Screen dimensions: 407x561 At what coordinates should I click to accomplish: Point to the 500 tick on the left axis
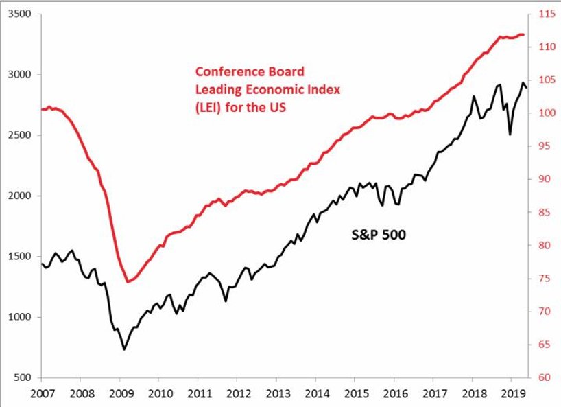pyautogui.click(x=23, y=377)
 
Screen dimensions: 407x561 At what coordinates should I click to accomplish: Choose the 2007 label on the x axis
pyautogui.click(x=42, y=395)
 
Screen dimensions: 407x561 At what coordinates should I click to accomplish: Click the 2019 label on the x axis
pyautogui.click(x=511, y=395)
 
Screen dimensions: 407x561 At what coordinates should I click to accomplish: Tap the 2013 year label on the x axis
pyautogui.click(x=276, y=395)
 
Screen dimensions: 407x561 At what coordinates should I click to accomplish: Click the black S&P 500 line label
pyautogui.click(x=374, y=235)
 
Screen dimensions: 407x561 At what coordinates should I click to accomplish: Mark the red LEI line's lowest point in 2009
pyautogui.click(x=128, y=281)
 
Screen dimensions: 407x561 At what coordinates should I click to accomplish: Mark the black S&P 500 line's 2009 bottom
pyautogui.click(x=124, y=349)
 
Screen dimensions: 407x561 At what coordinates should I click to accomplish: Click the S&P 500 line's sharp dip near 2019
pyautogui.click(x=510, y=135)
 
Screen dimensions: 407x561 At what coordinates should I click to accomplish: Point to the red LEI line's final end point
pyautogui.click(x=525, y=34)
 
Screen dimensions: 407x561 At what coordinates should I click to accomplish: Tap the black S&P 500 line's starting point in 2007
pyautogui.click(x=43, y=264)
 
